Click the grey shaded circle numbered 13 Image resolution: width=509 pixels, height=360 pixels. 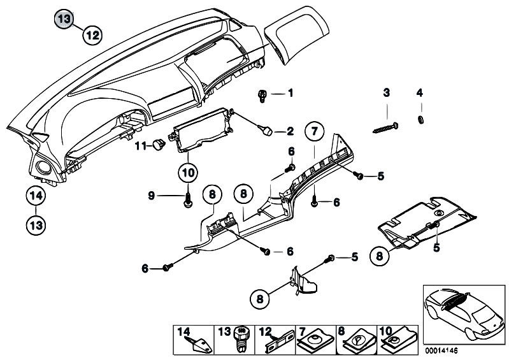point(64,19)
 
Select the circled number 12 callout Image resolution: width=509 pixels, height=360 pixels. point(92,36)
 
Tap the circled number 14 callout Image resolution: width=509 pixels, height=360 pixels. point(36,196)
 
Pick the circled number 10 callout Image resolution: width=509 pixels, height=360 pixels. point(188,172)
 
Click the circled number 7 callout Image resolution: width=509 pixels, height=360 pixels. point(313,133)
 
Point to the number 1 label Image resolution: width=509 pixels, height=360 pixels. point(290,94)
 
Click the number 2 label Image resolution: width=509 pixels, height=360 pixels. point(290,131)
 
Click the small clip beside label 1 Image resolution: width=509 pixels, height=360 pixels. point(262,96)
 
